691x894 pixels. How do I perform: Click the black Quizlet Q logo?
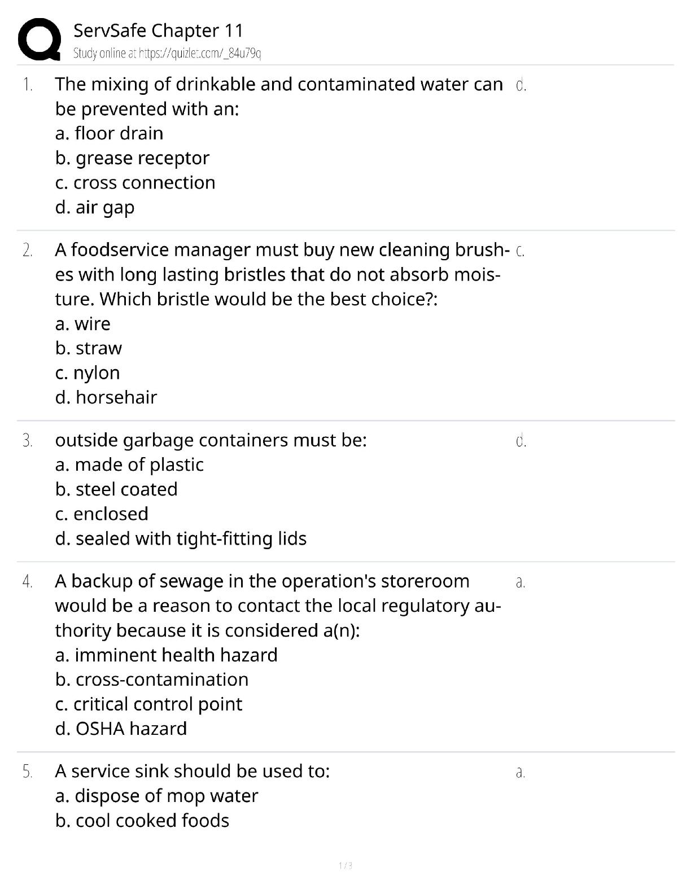[39, 39]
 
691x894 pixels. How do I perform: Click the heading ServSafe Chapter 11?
[158, 30]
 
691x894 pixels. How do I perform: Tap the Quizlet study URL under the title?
[167, 54]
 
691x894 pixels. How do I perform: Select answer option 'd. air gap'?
[95, 207]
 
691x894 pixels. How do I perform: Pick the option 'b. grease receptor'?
[132, 158]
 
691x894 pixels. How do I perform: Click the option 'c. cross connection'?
[135, 183]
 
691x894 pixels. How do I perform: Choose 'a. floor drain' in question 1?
[109, 133]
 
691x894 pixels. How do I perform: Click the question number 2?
[27, 250]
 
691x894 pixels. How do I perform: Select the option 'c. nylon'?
[88, 373]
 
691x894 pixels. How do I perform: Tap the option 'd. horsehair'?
[106, 397]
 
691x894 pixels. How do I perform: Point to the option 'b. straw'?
[89, 348]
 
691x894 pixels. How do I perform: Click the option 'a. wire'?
[83, 324]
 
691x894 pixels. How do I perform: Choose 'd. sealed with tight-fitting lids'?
[181, 538]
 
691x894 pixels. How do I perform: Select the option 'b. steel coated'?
[116, 489]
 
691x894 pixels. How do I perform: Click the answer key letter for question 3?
[521, 440]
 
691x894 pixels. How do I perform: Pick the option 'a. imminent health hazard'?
[166, 655]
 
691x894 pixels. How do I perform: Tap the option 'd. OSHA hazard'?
[121, 729]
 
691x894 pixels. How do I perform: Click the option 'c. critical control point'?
[148, 704]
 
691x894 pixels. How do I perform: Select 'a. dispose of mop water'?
[156, 796]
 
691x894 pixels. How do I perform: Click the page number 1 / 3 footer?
[345, 866]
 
